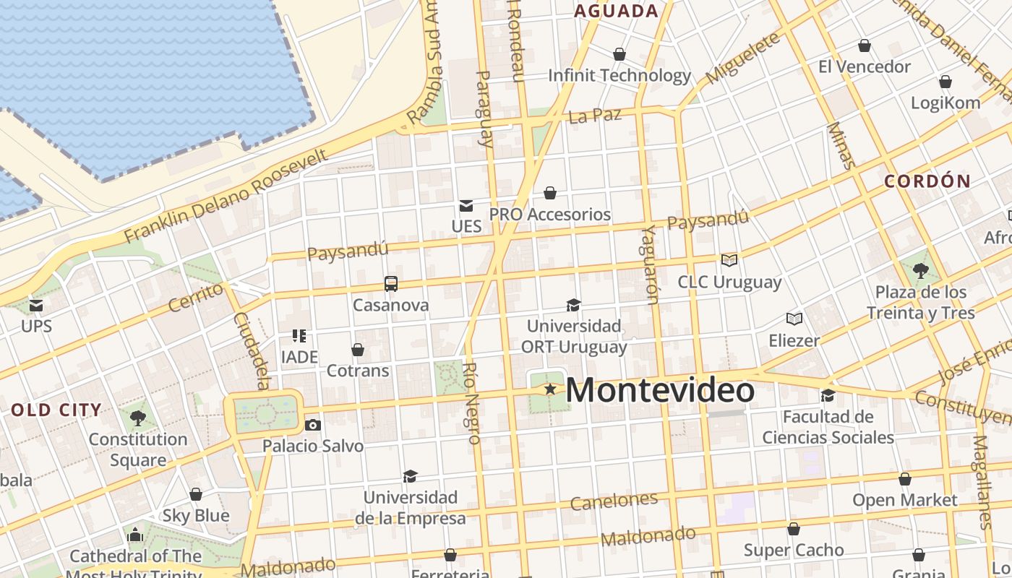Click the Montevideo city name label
660,391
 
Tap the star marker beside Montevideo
550,389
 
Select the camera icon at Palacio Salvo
312,425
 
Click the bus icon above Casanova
391,283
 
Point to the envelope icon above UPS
36,306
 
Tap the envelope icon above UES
466,206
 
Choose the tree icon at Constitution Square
137,418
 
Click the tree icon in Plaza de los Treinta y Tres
921,271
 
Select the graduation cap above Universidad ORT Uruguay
573,305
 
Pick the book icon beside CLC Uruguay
729,260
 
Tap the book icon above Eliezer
794,319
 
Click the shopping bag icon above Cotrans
358,350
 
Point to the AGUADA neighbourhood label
616,11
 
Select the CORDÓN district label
927,181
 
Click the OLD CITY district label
56,410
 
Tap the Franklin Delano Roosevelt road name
226,196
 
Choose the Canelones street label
614,501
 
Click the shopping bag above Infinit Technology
619,54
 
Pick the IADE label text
299,357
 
